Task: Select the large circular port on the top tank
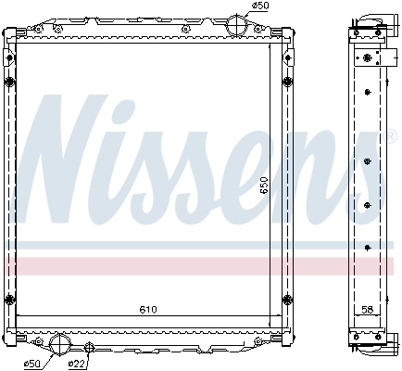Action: (237, 24)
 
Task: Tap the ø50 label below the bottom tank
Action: (33, 363)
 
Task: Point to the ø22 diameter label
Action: (78, 363)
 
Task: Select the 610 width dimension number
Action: (148, 309)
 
